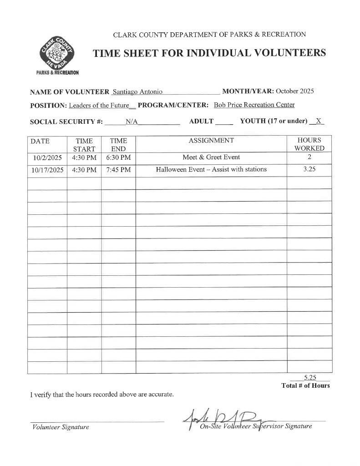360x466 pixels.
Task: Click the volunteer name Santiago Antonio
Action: (x=137, y=91)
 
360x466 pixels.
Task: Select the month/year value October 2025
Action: (x=294, y=91)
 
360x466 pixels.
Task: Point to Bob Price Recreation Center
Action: (x=254, y=105)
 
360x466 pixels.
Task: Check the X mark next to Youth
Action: (x=319, y=121)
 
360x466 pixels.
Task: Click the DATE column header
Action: (x=40, y=141)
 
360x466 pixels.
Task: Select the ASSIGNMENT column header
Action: (x=211, y=141)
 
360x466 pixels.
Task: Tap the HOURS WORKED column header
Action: (x=309, y=144)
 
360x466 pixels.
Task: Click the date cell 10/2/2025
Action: (x=47, y=157)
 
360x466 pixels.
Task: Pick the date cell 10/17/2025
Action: (x=47, y=170)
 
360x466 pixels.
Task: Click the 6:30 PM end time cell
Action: (x=118, y=157)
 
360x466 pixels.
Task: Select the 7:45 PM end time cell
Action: (x=118, y=170)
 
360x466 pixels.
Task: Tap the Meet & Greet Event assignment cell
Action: (x=211, y=157)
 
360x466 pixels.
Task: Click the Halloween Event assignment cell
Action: (x=211, y=169)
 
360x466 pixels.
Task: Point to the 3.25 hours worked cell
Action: (x=309, y=169)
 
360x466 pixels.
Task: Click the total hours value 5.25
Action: (x=309, y=377)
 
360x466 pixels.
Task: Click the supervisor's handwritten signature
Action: (x=228, y=418)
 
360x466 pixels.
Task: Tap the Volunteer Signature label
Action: (x=61, y=427)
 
